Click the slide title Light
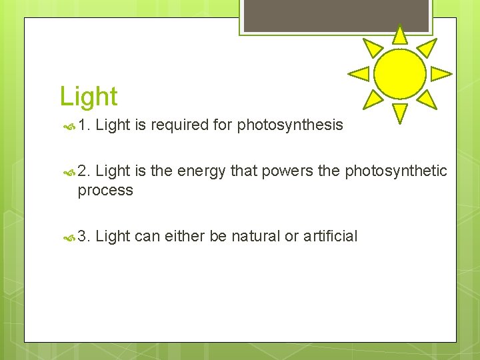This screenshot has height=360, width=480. [x=89, y=97]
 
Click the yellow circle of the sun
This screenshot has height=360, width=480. [x=399, y=74]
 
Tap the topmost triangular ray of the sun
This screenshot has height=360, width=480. [x=399, y=35]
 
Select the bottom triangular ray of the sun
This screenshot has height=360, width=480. [x=399, y=113]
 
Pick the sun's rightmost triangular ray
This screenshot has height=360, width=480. [x=440, y=73]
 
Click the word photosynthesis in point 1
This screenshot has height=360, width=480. [x=290, y=125]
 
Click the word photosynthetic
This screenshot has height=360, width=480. [x=396, y=171]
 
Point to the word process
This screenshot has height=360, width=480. [x=105, y=190]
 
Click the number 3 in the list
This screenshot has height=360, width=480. [x=83, y=236]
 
